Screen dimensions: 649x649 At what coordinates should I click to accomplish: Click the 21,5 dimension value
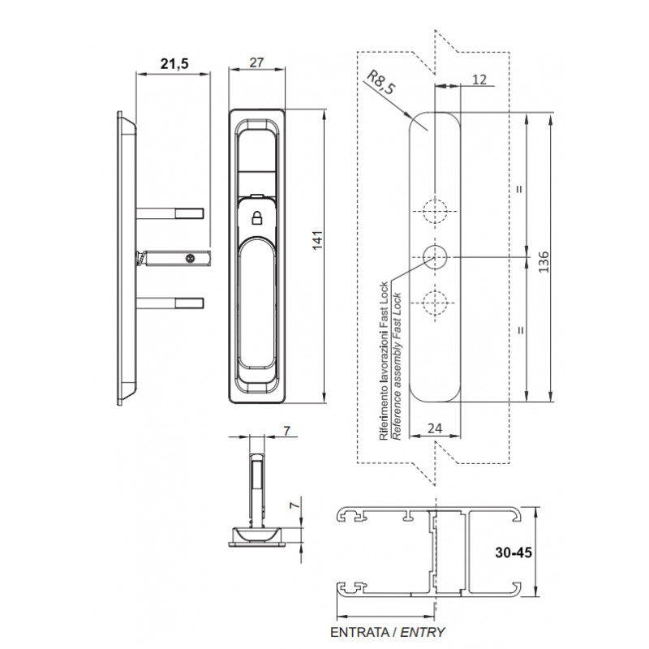click(174, 64)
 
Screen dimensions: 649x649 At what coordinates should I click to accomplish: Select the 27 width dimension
click(256, 62)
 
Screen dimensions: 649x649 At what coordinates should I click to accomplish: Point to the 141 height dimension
click(317, 240)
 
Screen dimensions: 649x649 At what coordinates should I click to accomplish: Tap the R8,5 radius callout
click(381, 83)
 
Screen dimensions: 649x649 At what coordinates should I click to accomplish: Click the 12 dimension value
click(479, 80)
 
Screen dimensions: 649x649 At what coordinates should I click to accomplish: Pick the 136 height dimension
click(544, 261)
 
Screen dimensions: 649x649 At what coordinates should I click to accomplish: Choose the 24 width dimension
click(435, 428)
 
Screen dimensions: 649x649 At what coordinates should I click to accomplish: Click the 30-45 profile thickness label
click(514, 552)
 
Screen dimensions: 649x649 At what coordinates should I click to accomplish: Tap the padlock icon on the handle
click(257, 217)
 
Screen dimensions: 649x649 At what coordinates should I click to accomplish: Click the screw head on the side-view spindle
click(190, 258)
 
